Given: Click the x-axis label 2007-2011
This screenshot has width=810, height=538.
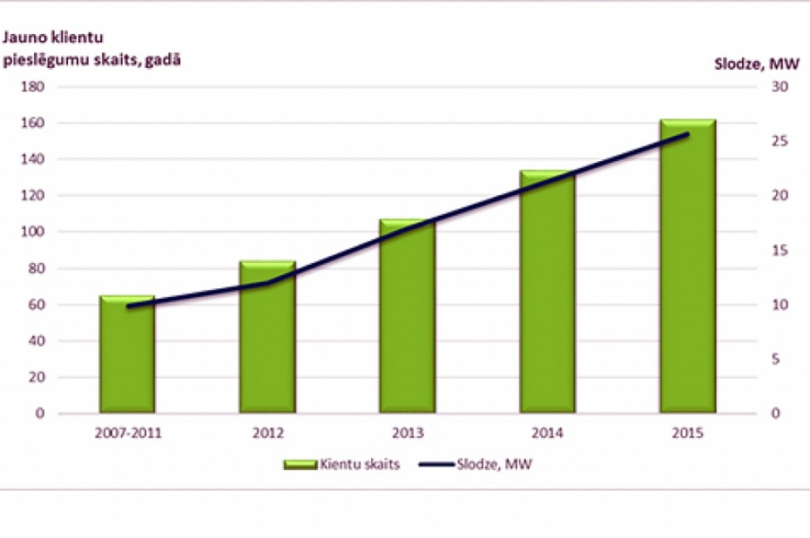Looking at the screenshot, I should [x=127, y=432].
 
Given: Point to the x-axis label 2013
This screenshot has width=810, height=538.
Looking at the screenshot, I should [x=407, y=432].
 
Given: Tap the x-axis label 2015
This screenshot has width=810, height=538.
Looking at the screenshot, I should [x=687, y=432].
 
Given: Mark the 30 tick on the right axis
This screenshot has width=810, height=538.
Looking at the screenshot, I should [x=776, y=87].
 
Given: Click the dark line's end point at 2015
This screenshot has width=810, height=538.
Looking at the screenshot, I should [x=687, y=134].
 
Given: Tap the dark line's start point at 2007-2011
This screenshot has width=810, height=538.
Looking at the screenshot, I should [x=127, y=306].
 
